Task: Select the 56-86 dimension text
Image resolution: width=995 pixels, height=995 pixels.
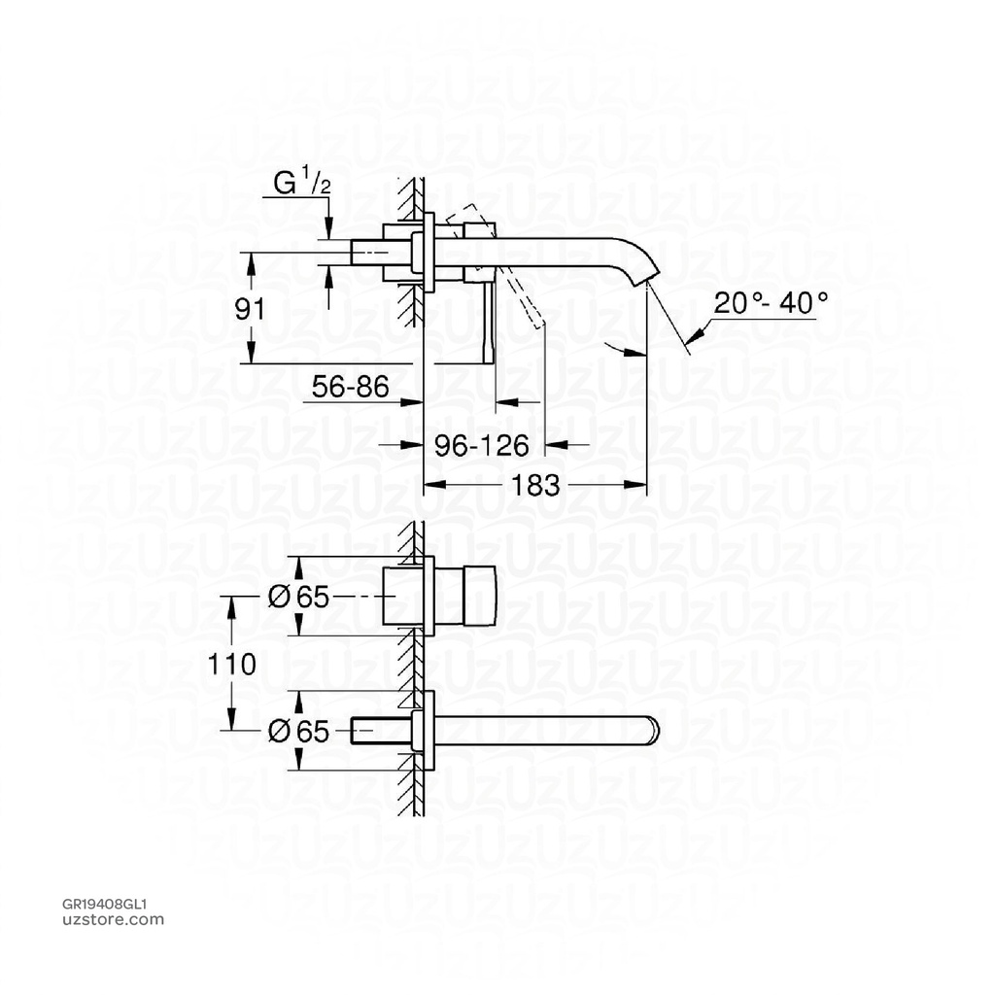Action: (350, 388)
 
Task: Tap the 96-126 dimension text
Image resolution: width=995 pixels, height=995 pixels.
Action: (481, 445)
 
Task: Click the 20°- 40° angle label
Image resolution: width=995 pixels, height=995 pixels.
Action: (772, 302)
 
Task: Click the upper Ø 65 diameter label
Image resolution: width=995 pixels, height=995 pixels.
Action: (298, 598)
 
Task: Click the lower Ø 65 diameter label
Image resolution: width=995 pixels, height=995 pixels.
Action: (298, 731)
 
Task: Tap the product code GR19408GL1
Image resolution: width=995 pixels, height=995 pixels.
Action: (104, 903)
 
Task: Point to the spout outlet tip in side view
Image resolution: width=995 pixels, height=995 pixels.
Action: (644, 282)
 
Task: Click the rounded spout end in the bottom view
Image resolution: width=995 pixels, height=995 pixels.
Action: (651, 731)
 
